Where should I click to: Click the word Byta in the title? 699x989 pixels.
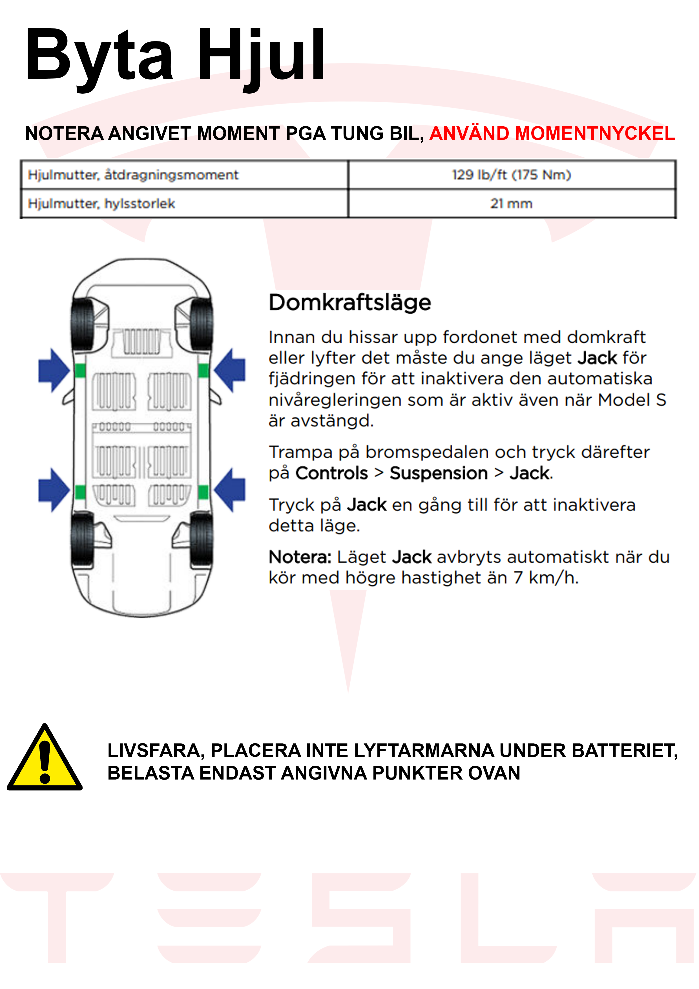[x=99, y=55]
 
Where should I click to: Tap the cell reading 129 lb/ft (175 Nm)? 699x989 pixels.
[x=511, y=175]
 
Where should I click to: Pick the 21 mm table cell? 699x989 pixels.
[x=511, y=203]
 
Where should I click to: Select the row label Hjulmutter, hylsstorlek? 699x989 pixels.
[x=102, y=203]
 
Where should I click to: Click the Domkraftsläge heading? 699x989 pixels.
[x=350, y=303]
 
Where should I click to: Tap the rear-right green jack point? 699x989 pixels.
[x=203, y=491]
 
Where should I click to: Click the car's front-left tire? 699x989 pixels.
[x=82, y=323]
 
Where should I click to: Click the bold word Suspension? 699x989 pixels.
[x=439, y=473]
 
